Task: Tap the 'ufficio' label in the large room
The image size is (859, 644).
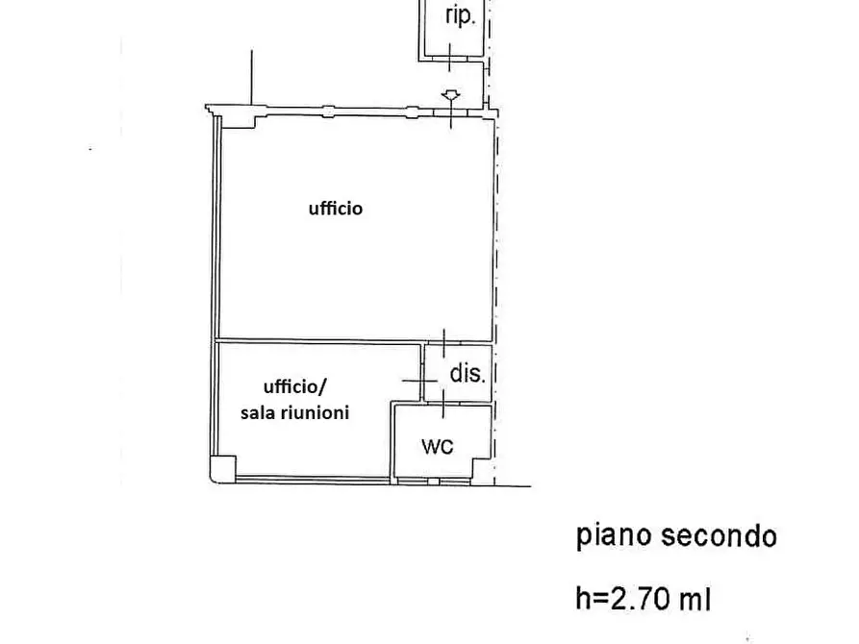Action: [336, 208]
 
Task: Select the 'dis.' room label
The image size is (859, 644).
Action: [467, 375]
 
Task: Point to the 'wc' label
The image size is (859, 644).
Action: [438, 446]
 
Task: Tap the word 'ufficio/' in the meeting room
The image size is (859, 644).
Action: [295, 387]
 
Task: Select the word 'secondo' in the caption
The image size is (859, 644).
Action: [719, 535]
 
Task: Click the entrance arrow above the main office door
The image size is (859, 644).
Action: [449, 95]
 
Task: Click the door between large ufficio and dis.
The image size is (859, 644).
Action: [443, 341]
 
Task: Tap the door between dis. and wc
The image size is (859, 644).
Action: [442, 404]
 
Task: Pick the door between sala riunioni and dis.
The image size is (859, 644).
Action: [421, 381]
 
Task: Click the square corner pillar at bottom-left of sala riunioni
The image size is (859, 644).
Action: [223, 468]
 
